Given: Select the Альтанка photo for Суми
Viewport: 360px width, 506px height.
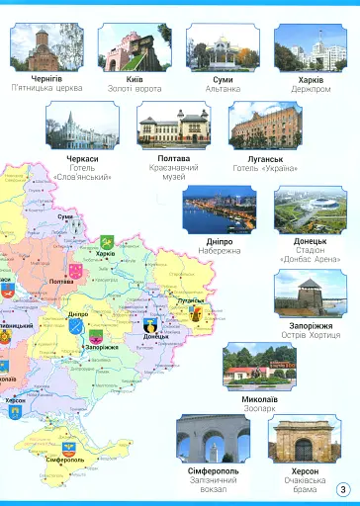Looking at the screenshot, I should tap(224, 46).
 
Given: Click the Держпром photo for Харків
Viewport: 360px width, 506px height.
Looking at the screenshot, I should tap(312, 46).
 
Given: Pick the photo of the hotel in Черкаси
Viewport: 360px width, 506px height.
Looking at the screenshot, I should tap(83, 125).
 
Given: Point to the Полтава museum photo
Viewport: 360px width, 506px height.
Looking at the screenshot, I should tap(174, 125).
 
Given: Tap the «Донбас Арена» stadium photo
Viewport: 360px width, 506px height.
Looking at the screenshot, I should tap(311, 209).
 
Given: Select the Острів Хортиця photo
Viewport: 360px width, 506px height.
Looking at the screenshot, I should tap(311, 293).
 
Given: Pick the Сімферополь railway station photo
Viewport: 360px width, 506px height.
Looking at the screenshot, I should tap(213, 439).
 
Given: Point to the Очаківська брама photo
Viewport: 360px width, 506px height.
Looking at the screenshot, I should tap(305, 439).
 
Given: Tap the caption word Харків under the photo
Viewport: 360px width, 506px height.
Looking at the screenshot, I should tap(312, 78).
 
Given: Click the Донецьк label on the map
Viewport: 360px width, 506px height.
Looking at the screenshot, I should tap(155, 336).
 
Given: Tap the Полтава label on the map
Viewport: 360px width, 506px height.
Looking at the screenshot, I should tap(61, 282).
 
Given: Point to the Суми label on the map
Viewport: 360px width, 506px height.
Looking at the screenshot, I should tap(65, 215).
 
